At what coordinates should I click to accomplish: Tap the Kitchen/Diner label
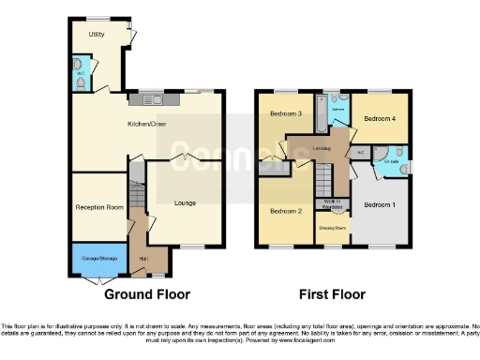pos(147,124)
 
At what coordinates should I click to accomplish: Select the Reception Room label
pos(99,207)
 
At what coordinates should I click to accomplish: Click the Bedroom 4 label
pos(380,119)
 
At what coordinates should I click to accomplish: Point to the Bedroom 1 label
pos(379,204)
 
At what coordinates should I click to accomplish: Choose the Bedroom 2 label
pos(285,212)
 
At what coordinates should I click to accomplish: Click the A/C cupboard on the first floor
pos(361,152)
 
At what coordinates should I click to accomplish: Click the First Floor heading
pos(331,294)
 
